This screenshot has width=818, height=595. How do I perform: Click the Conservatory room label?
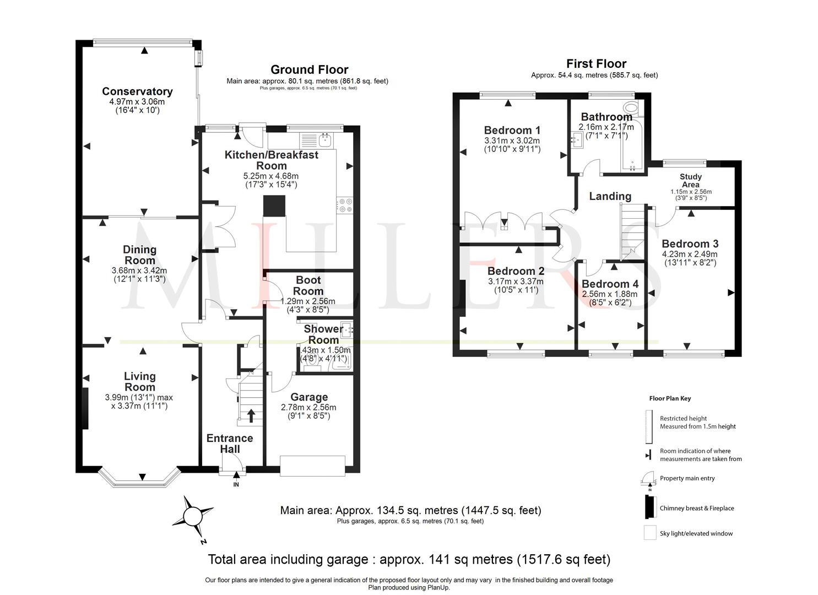[x=137, y=91]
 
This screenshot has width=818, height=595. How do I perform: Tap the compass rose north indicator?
[x=193, y=516]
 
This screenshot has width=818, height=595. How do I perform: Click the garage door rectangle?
[x=312, y=465]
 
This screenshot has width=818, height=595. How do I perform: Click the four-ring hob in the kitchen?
[x=344, y=205]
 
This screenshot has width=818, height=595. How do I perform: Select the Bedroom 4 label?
[x=610, y=284]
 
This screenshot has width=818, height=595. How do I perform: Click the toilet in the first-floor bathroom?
[x=630, y=107]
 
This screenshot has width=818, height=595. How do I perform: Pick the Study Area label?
[x=690, y=181]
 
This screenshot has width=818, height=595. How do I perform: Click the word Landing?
[x=610, y=196]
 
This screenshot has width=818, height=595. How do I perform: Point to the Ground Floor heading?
[x=309, y=69]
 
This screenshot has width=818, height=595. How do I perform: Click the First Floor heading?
[x=596, y=63]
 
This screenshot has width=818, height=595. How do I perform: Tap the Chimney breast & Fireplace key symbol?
[x=649, y=507]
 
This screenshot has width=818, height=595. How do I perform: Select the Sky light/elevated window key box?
[x=649, y=533]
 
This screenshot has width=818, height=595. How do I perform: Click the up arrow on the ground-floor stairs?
[x=251, y=415]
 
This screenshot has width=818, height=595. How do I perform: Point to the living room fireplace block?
[x=85, y=408]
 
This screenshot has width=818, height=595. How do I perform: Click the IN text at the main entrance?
[x=236, y=485]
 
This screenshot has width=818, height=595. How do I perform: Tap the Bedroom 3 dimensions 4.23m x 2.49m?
[x=690, y=254]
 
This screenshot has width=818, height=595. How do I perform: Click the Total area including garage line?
[x=409, y=560]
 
